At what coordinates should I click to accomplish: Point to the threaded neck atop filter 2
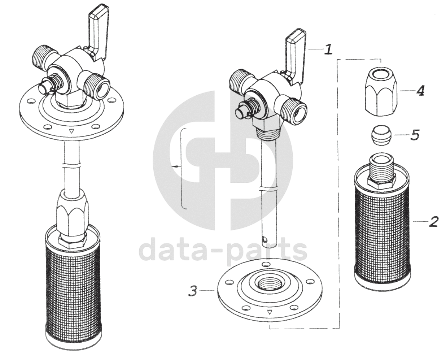[x=382, y=166]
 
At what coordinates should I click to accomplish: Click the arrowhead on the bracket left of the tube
[x=175, y=167]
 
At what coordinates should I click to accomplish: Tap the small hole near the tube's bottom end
[x=266, y=239]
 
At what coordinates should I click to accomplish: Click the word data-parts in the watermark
[x=223, y=251]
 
